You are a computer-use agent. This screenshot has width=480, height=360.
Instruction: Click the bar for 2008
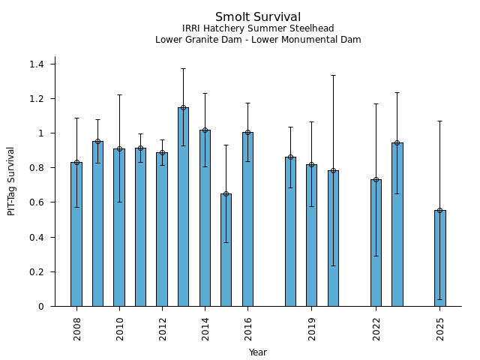(76, 234)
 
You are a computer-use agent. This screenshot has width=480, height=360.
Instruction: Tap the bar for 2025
(440, 258)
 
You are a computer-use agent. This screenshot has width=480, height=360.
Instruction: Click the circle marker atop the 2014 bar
(205, 130)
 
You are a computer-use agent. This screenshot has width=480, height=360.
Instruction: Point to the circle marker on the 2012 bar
(162, 153)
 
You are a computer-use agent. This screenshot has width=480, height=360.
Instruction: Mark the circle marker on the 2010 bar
(119, 149)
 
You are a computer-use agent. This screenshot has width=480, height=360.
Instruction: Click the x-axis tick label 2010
(120, 328)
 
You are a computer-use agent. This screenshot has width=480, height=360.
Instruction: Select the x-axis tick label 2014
(205, 328)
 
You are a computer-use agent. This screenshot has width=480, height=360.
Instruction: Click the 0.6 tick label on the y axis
(37, 202)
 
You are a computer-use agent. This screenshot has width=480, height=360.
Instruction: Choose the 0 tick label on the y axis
(42, 307)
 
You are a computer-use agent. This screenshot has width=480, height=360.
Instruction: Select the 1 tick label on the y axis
(42, 133)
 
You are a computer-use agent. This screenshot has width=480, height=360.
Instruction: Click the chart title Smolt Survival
(258, 17)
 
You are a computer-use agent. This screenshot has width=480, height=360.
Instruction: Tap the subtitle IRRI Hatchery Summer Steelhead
(258, 28)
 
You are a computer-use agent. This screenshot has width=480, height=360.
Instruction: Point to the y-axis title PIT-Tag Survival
(11, 181)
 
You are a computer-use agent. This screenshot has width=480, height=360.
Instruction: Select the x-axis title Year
(258, 352)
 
